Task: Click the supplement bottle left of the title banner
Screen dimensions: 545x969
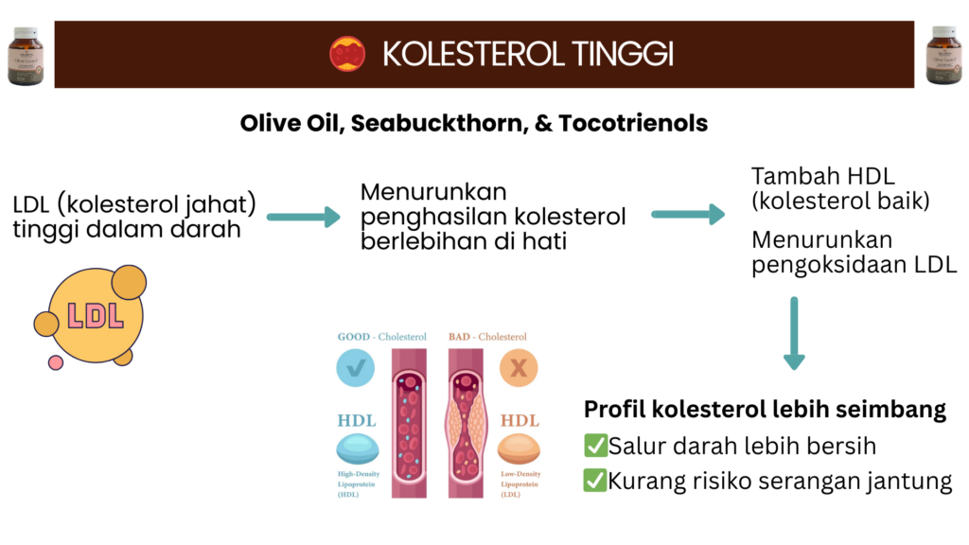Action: click(26, 56)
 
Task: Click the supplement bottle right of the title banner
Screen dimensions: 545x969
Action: click(943, 56)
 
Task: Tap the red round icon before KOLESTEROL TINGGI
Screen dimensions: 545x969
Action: click(347, 54)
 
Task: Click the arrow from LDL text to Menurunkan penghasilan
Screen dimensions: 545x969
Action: click(303, 218)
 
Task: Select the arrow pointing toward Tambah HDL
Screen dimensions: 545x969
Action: click(688, 215)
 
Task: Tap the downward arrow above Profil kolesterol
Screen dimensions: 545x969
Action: click(794, 333)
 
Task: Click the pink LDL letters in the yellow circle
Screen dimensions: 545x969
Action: click(96, 315)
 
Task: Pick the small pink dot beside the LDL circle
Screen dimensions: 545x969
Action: click(56, 361)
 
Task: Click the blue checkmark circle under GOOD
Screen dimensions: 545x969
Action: click(356, 367)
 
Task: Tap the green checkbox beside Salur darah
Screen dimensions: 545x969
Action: click(595, 446)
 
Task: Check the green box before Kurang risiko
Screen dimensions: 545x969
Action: click(595, 481)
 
